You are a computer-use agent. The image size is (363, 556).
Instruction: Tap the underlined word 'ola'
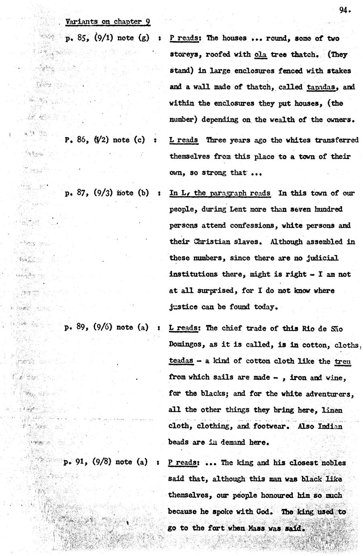tap(261, 55)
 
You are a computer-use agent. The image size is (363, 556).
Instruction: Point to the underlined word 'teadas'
tap(181, 361)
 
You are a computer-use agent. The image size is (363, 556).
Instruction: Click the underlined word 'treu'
tap(343, 361)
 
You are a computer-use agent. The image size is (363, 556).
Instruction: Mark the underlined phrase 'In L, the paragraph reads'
tap(220, 193)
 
